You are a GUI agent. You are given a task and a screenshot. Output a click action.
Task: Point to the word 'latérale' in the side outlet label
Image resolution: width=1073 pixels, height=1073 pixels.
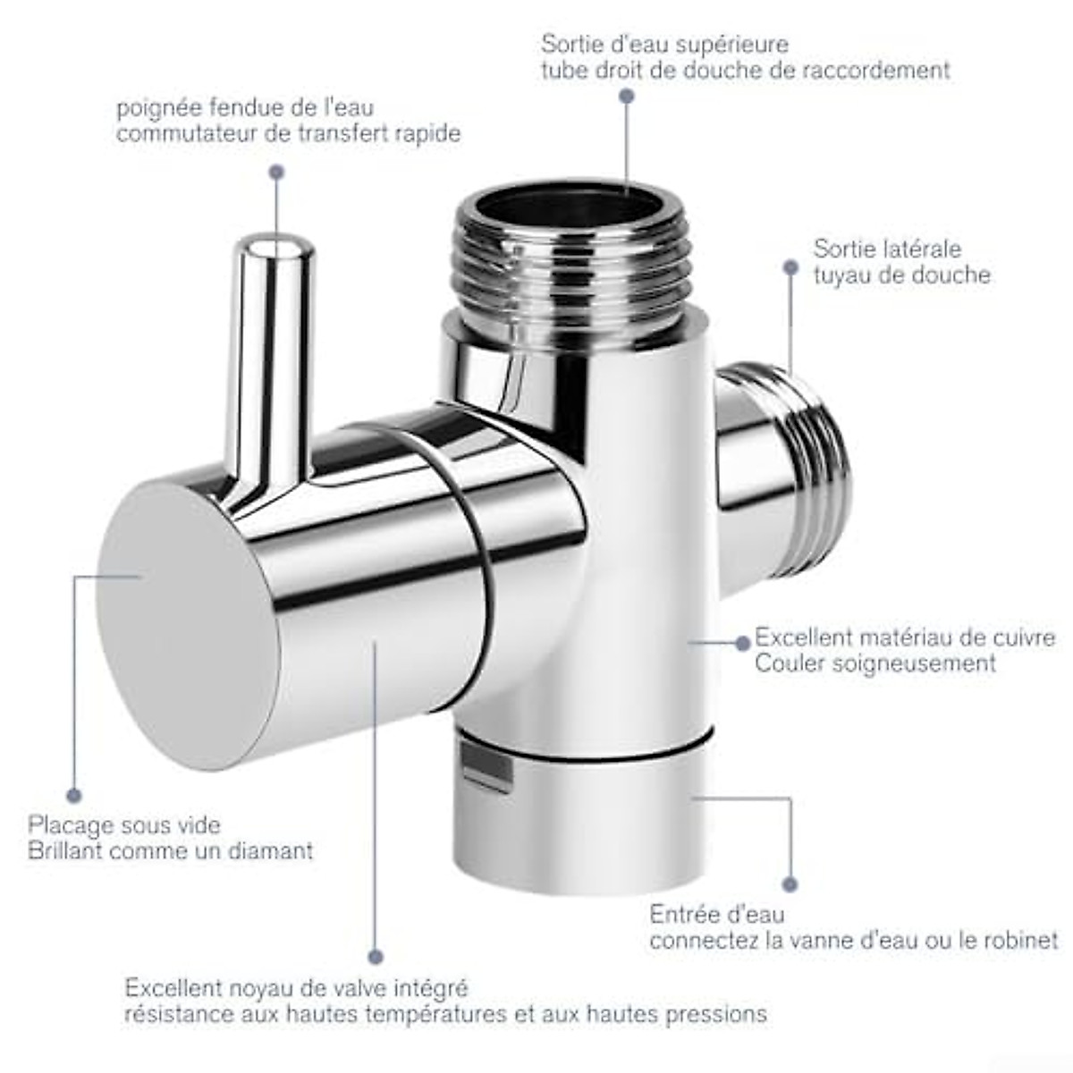click(x=921, y=249)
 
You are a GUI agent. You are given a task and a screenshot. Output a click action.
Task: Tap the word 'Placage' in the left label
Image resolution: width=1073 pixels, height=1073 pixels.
click(x=71, y=824)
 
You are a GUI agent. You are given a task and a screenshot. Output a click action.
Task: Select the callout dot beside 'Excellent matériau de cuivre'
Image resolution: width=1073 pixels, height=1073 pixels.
click(x=741, y=642)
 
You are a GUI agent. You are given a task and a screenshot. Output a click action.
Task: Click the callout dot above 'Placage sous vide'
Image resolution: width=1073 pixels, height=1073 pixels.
click(x=73, y=795)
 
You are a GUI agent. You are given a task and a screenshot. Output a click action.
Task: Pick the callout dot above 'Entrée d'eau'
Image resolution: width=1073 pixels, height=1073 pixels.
click(x=790, y=884)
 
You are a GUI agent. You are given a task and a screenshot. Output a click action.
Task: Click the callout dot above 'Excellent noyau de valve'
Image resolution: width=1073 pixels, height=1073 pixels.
click(x=376, y=957)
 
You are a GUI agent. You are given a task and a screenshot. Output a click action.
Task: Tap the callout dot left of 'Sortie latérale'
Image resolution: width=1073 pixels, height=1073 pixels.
click(x=790, y=266)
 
